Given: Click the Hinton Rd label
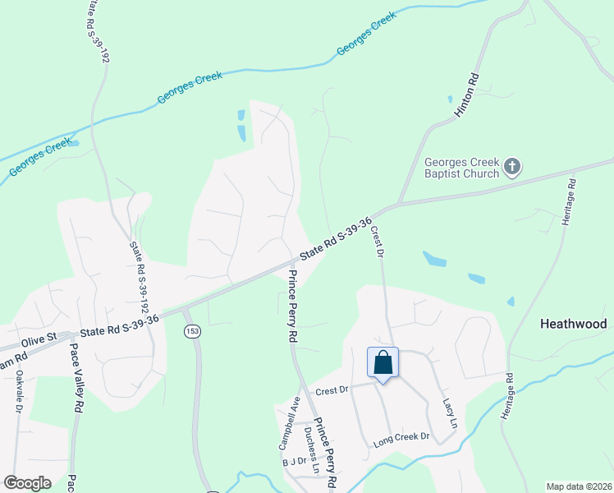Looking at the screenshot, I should [x=461, y=93].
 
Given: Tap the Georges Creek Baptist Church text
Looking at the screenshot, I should [x=461, y=168].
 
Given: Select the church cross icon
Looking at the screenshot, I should [x=511, y=168].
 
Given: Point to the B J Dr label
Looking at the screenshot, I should [x=294, y=463].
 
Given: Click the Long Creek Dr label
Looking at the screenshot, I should [x=401, y=439].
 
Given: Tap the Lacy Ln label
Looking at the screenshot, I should [x=448, y=407].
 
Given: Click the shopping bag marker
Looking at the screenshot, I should [x=383, y=363].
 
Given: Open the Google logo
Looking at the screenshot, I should [x=28, y=483].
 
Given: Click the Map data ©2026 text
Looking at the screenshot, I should [x=578, y=486].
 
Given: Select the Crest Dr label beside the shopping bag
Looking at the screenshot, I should [x=332, y=389].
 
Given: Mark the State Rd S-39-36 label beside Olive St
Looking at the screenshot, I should [x=120, y=329].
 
